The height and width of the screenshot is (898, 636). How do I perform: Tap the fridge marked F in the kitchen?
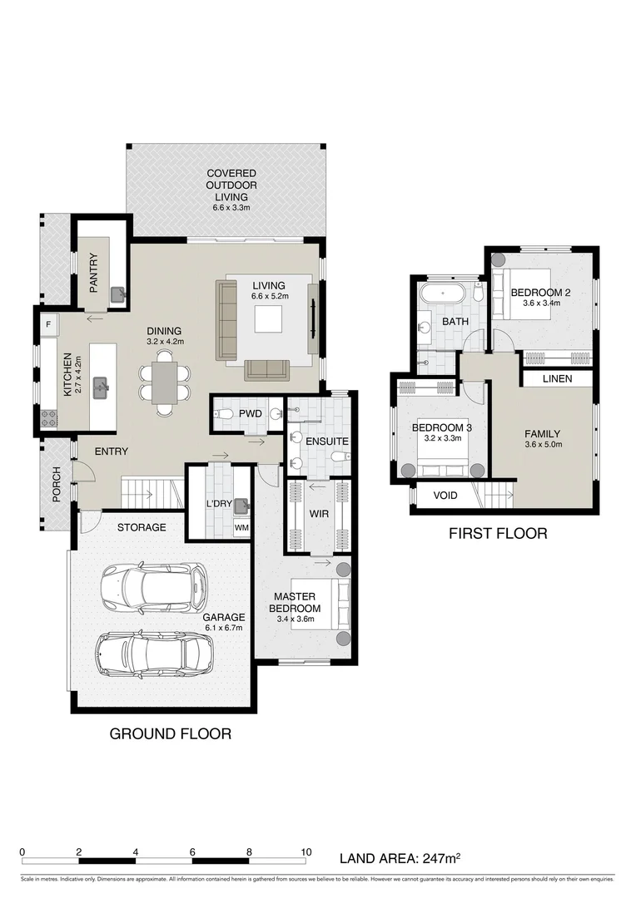pyautogui.click(x=48, y=323)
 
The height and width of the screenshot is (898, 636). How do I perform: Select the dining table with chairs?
pyautogui.click(x=165, y=383)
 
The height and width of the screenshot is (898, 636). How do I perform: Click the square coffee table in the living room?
pyautogui.click(x=269, y=319)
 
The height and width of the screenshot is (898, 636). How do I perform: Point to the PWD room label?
pyautogui.click(x=251, y=413)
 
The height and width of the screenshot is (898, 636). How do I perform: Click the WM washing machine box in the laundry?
pyautogui.click(x=241, y=527)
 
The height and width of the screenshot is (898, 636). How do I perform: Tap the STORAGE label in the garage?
pyautogui.click(x=141, y=527)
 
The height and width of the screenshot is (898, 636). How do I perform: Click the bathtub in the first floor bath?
pyautogui.click(x=443, y=294)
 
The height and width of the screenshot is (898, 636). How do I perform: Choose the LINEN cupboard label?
pyautogui.click(x=558, y=379)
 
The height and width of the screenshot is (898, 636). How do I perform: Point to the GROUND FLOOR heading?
pyautogui.click(x=171, y=733)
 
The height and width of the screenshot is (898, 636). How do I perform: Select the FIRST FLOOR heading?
pyautogui.click(x=498, y=533)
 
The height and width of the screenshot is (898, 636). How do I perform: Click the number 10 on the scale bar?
pyautogui.click(x=306, y=852)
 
